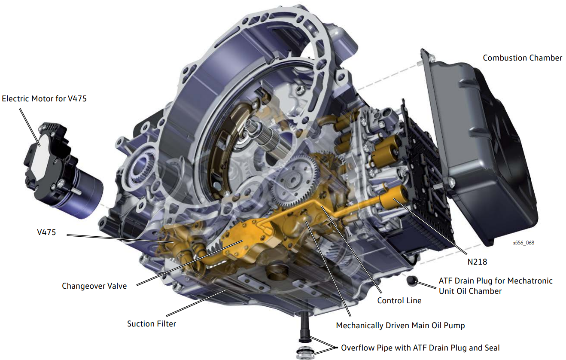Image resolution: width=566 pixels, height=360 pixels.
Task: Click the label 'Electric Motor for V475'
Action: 44,99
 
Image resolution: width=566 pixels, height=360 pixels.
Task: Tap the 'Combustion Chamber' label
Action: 522,58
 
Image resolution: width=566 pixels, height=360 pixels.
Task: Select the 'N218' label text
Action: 477,262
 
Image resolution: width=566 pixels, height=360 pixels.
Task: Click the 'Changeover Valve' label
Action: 94,286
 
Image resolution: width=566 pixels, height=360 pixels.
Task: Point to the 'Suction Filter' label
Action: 151,324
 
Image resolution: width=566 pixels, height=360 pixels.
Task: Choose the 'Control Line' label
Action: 399,301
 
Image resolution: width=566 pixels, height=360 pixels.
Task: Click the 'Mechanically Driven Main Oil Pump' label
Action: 400,326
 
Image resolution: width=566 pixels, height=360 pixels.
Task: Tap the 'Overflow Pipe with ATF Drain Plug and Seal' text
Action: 420,348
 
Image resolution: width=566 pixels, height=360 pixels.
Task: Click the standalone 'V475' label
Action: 46,232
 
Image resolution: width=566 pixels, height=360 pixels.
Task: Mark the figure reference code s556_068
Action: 523,243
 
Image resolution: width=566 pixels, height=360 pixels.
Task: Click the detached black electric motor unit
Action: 63,169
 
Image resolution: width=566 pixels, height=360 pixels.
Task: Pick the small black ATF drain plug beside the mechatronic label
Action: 412,281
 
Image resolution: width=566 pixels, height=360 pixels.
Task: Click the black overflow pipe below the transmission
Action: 304,326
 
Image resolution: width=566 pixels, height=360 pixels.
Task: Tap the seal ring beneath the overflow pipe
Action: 305,352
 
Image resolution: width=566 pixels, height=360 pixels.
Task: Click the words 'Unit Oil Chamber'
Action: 470,291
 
